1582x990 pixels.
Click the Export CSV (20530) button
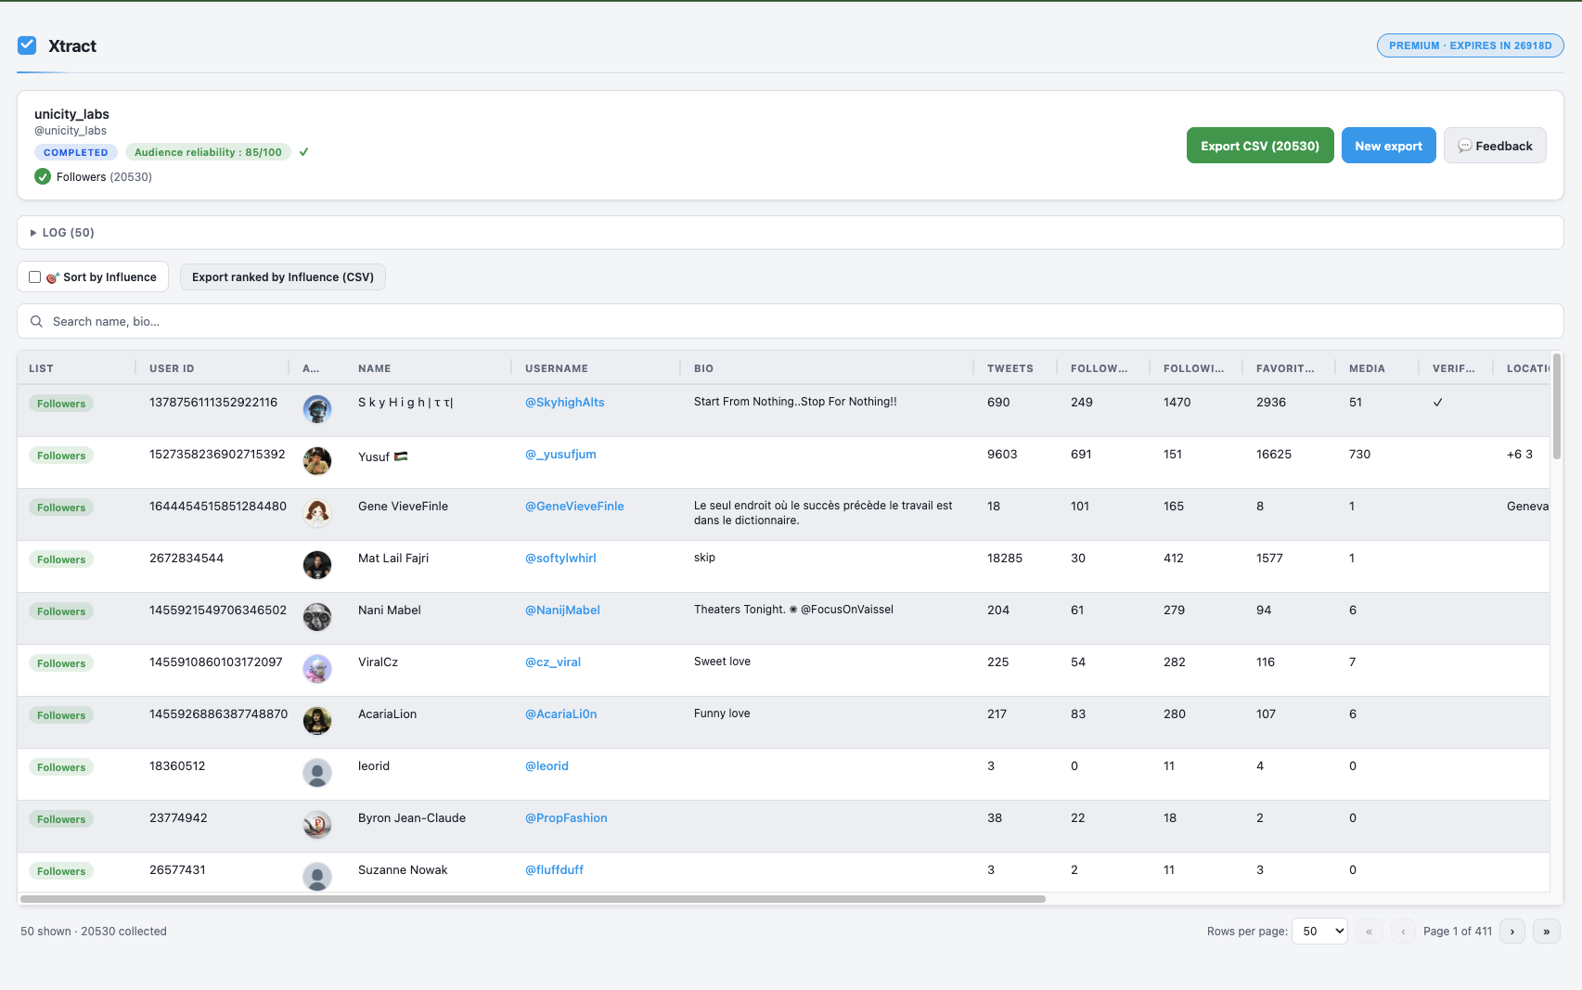point(1259,146)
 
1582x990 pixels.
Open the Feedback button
point(1494,146)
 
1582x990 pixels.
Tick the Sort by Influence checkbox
point(35,277)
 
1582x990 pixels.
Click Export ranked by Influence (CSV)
point(282,277)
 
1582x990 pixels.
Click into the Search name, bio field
point(789,321)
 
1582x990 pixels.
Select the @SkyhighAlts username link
point(564,403)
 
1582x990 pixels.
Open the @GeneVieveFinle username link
point(574,507)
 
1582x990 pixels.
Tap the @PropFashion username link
point(566,818)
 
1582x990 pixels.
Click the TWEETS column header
point(1010,368)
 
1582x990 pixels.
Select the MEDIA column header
point(1366,368)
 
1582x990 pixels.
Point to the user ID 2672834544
point(186,559)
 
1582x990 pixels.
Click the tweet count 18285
point(1004,559)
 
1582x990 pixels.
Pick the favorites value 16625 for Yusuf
point(1273,455)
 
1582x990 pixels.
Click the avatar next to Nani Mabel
point(317,617)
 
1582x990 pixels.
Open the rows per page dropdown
point(1318,932)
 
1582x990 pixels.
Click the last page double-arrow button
point(1546,932)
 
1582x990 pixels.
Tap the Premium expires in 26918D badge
point(1470,45)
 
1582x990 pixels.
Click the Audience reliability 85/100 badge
point(208,152)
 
